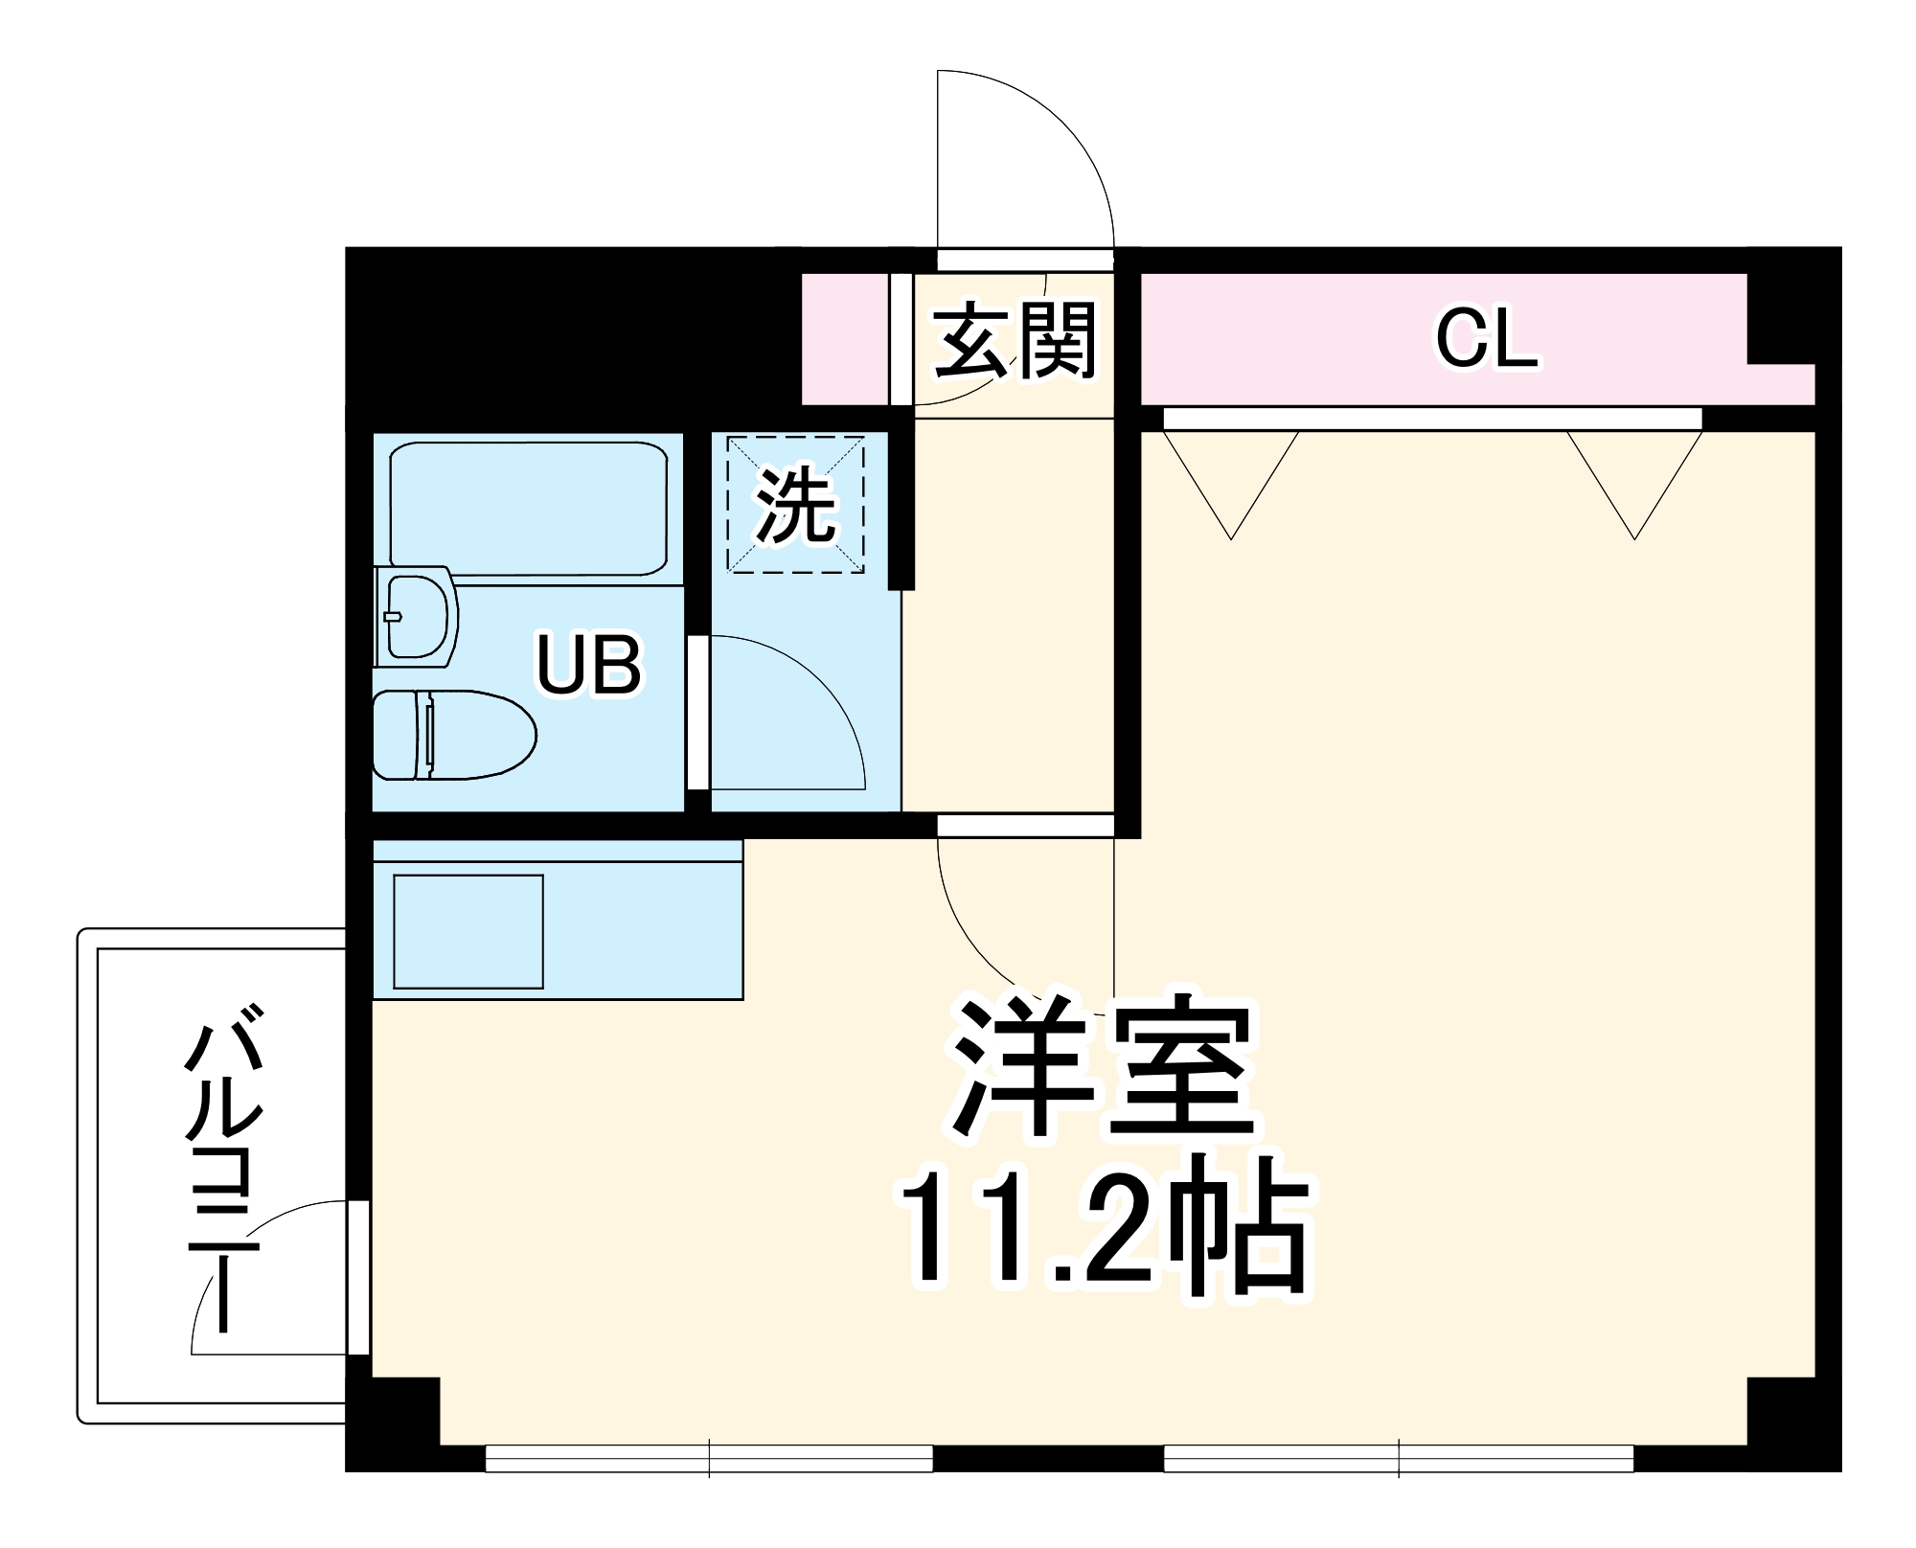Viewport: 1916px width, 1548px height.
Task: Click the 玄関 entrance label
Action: (x=1015, y=341)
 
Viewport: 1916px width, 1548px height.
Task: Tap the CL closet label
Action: (x=1485, y=339)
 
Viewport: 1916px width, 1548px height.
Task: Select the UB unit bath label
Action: (x=588, y=664)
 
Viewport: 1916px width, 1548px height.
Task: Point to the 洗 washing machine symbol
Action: (x=795, y=505)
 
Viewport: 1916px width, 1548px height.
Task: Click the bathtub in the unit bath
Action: (x=528, y=508)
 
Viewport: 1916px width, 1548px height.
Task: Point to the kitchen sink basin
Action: (x=468, y=931)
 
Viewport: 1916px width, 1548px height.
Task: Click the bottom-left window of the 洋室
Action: (x=709, y=1458)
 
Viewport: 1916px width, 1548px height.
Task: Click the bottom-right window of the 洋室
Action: (x=1399, y=1458)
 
